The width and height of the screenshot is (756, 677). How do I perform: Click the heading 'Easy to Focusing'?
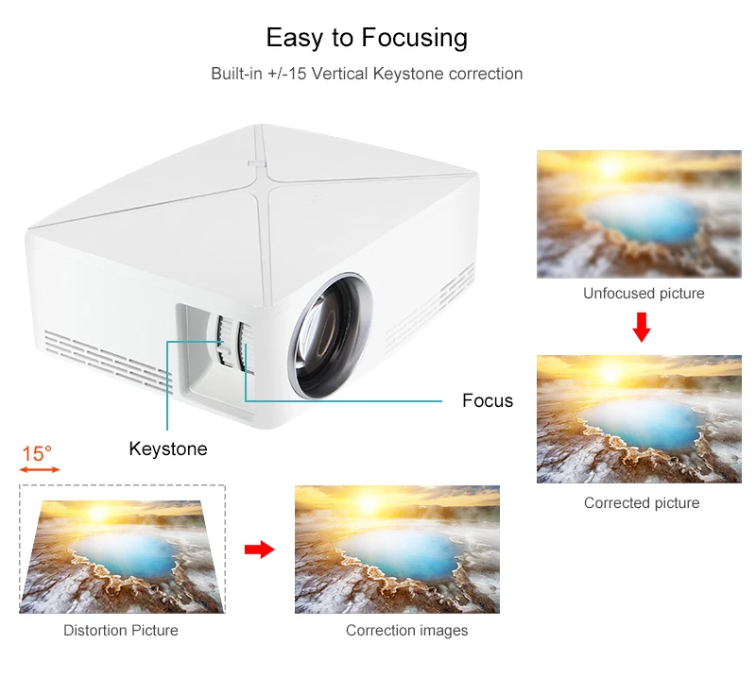[x=367, y=38]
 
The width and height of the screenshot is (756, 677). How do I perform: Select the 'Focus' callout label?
[x=488, y=400]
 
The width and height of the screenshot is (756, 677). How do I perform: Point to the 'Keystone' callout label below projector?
[x=168, y=449]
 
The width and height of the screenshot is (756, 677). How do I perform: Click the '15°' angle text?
[x=37, y=454]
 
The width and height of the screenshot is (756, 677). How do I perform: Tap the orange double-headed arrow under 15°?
[x=40, y=470]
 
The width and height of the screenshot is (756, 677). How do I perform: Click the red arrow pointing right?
[x=259, y=550]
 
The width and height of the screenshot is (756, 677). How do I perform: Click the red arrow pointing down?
[x=642, y=327]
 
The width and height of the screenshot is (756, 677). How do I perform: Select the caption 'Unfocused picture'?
[x=644, y=294]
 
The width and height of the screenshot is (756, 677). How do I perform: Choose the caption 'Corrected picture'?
[x=642, y=503]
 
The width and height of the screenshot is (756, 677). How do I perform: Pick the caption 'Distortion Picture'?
[x=121, y=630]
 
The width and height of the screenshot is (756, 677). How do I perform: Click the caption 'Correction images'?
[x=406, y=630]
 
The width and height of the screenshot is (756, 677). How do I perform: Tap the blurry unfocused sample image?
[x=639, y=214]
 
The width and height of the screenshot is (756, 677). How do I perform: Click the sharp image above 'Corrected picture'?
[x=639, y=418]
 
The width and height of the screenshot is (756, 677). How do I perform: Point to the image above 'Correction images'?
[x=397, y=549]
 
